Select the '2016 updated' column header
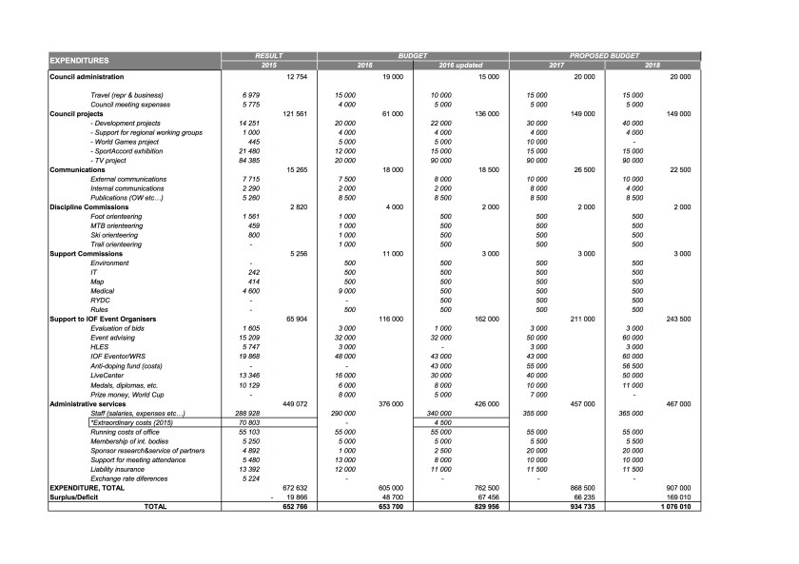click(x=461, y=66)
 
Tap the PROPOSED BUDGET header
click(x=605, y=57)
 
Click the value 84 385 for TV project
click(x=248, y=160)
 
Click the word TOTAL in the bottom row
click(x=153, y=506)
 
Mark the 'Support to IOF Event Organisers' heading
click(x=103, y=319)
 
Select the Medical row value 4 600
click(x=248, y=291)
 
